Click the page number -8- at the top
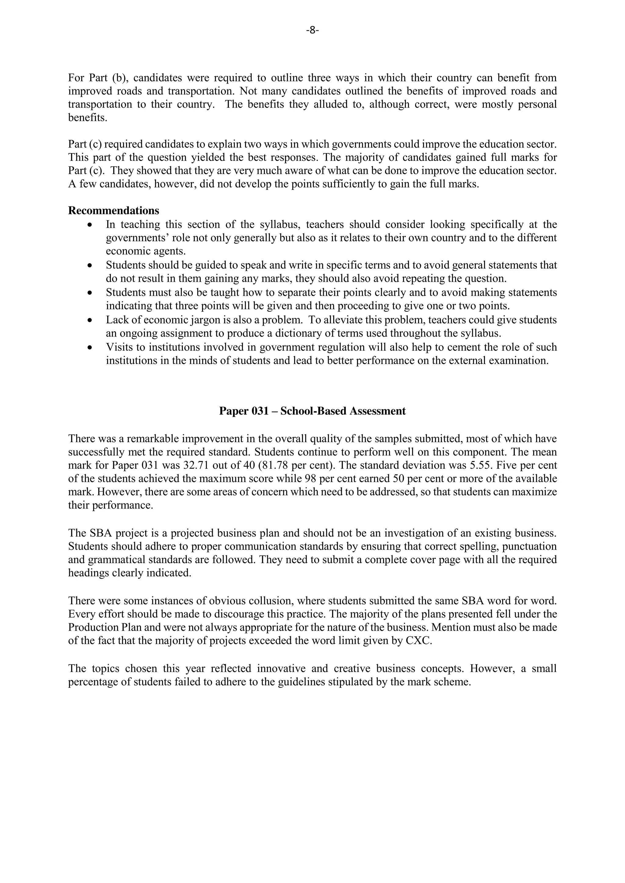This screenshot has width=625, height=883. [x=312, y=30]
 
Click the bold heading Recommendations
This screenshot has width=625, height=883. [x=114, y=211]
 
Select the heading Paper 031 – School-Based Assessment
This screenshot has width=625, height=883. [x=312, y=411]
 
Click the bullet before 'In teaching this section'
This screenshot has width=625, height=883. [x=90, y=225]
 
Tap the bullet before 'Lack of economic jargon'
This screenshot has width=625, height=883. [x=90, y=320]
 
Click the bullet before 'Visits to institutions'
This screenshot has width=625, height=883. [x=90, y=347]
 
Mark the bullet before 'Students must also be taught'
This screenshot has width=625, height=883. [x=90, y=293]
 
